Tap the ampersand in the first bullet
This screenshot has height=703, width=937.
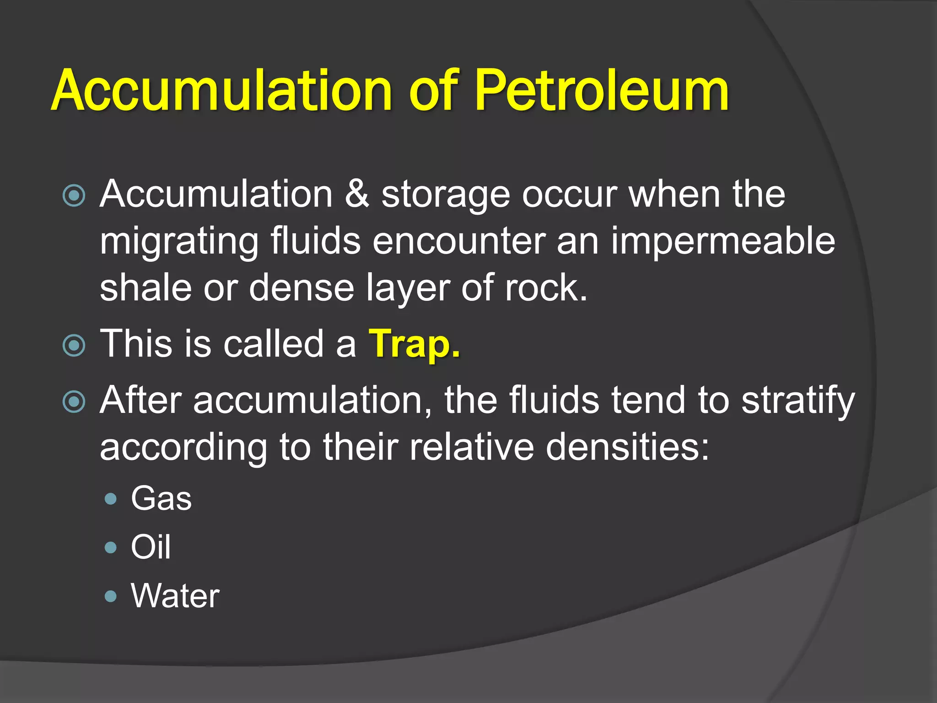point(357,194)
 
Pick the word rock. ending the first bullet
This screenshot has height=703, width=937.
point(546,288)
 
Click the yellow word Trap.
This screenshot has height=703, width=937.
point(415,344)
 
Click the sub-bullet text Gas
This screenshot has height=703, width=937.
point(162,498)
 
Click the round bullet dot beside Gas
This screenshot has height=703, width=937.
point(111,498)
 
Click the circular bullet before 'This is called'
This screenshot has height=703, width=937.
point(74,345)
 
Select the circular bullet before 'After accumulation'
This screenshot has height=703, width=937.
point(74,401)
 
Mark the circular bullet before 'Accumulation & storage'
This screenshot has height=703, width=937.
point(74,196)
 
